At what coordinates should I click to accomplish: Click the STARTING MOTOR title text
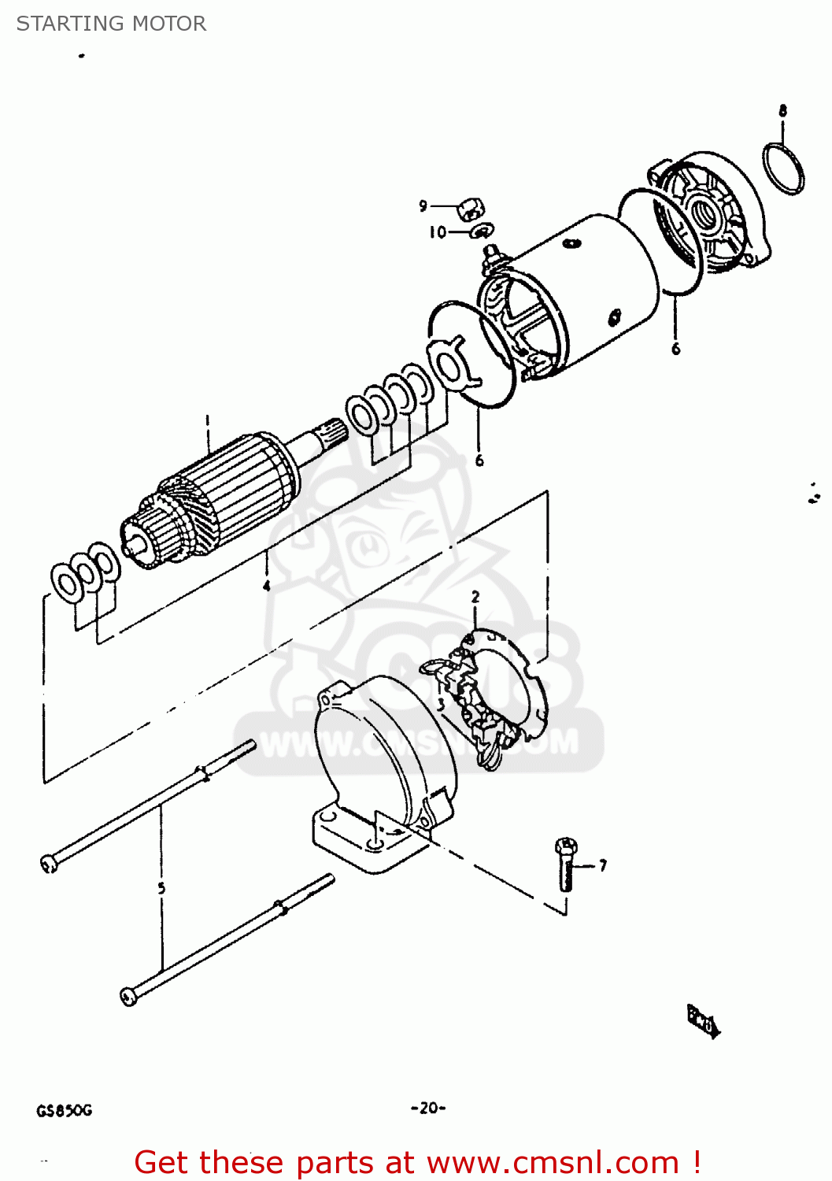pos(111,24)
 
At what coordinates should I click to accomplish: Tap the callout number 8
pos(782,111)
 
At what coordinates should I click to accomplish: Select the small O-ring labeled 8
pos(784,168)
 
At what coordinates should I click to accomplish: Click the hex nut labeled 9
pos(471,209)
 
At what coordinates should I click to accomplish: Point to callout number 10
pos(437,232)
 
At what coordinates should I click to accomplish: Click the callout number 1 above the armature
pos(208,420)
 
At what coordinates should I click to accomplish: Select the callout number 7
pos(603,866)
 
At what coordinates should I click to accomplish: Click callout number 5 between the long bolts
pos(161,888)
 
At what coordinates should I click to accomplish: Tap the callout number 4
pos(267,586)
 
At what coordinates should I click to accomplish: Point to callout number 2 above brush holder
pos(475,598)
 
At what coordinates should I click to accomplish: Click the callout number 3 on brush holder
pos(442,704)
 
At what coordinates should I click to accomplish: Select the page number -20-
pos(428,1108)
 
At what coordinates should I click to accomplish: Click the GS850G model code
pos(64,1111)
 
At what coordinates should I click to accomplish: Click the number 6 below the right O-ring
pos(675,349)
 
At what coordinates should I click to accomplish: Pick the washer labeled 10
pos(481,231)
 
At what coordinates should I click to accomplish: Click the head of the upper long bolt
pos(48,865)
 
